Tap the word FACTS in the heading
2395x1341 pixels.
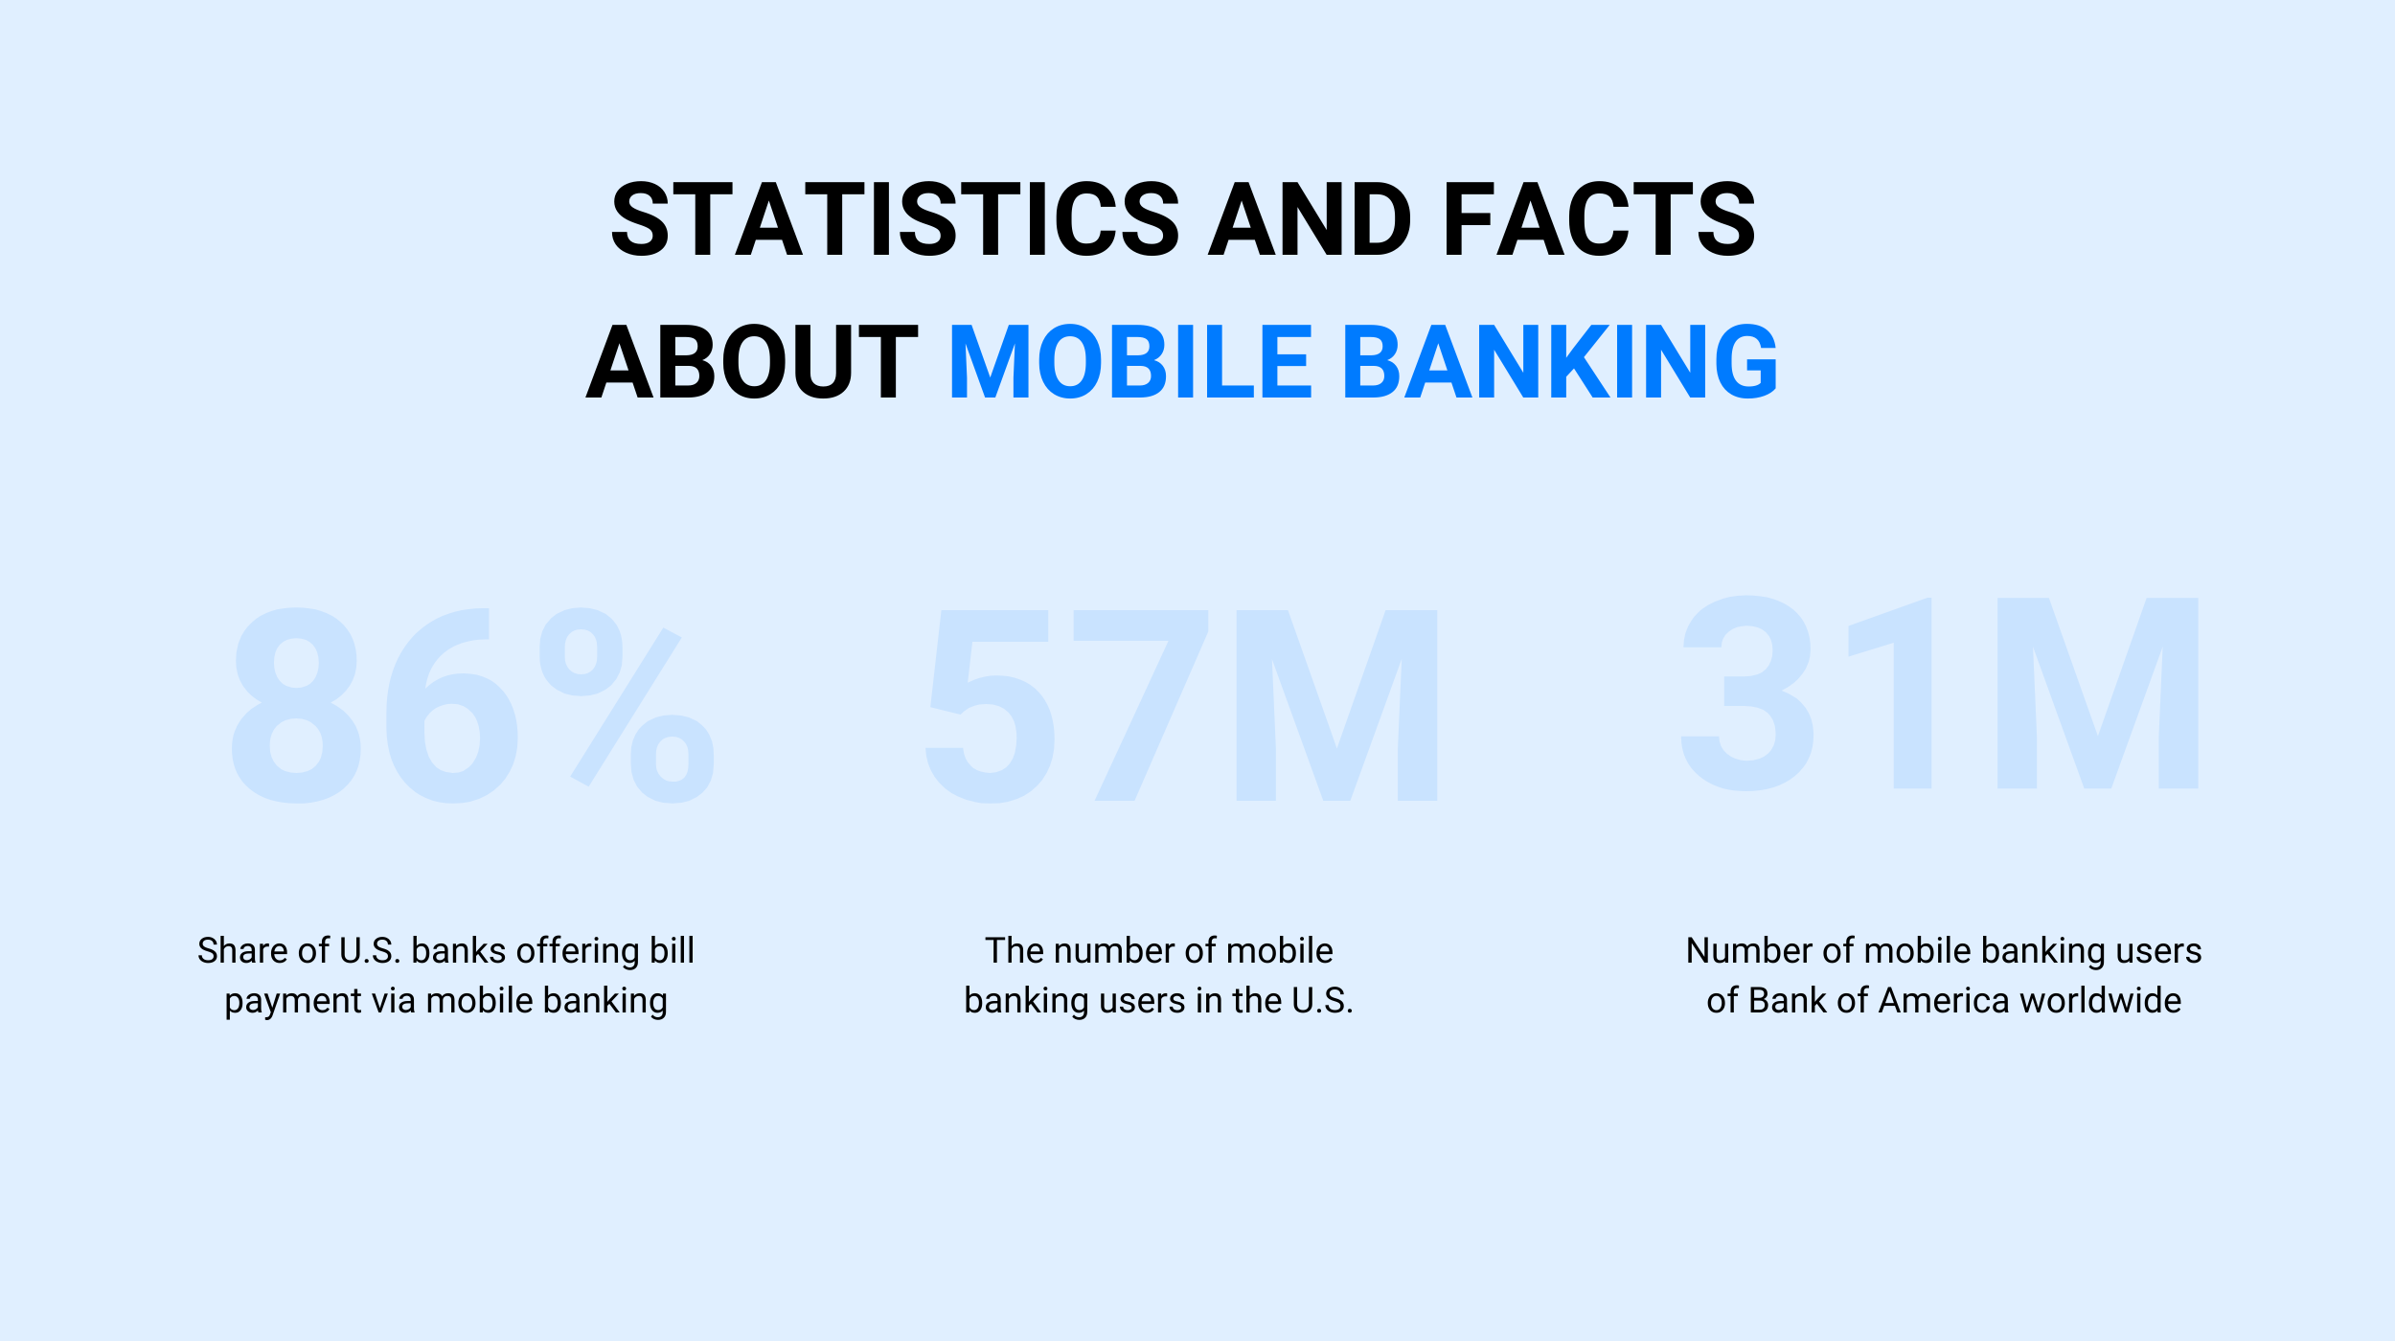(1599, 219)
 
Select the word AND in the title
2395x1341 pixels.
(1310, 219)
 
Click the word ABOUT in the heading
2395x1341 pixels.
(752, 361)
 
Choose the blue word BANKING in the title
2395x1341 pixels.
(1560, 361)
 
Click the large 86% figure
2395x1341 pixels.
(473, 705)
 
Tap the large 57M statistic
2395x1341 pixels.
(1181, 705)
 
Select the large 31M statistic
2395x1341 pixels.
(1940, 693)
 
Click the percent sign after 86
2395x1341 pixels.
(627, 705)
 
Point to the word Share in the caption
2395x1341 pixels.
(242, 950)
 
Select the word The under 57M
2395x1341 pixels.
(1015, 950)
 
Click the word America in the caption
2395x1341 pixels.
(1944, 1000)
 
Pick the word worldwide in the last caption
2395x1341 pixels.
(2101, 1000)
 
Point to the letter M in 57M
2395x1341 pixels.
(1337, 705)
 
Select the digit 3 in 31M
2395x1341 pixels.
(1747, 693)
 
